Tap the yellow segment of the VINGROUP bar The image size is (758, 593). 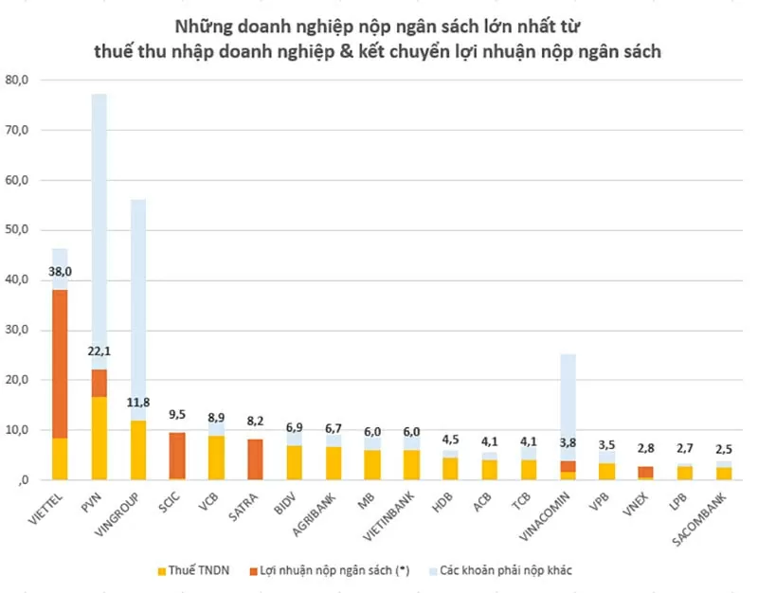pyautogui.click(x=138, y=450)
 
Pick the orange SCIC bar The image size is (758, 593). pyautogui.click(x=177, y=456)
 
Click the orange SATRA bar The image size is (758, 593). pyautogui.click(x=255, y=459)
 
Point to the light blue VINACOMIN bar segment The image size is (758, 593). pyautogui.click(x=568, y=407)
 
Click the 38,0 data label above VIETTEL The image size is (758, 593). pyautogui.click(x=60, y=272)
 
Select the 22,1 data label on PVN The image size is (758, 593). pyautogui.click(x=99, y=351)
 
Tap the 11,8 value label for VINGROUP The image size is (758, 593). pyautogui.click(x=138, y=403)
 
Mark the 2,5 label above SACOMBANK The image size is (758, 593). pyautogui.click(x=723, y=449)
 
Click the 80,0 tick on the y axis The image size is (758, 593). pyautogui.click(x=17, y=81)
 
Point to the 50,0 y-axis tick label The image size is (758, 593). pyautogui.click(x=17, y=230)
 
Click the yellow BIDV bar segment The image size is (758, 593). pyautogui.click(x=294, y=462)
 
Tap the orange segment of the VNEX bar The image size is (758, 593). pyautogui.click(x=645, y=472)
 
